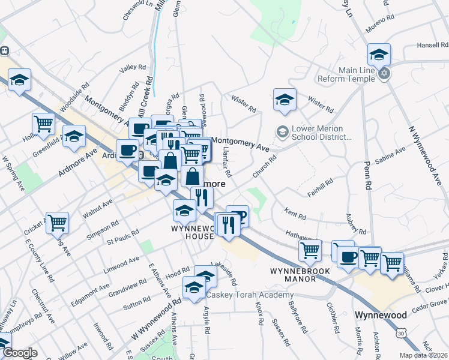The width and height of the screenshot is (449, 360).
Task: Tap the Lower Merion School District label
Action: pyautogui.click(x=318, y=133)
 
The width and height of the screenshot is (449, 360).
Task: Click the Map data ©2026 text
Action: pyautogui.click(x=424, y=355)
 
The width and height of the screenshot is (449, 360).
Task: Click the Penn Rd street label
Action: pyautogui.click(x=369, y=170)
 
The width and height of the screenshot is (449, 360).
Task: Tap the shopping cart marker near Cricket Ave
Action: pyautogui.click(x=58, y=223)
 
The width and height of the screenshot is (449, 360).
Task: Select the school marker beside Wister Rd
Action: pyautogui.click(x=285, y=99)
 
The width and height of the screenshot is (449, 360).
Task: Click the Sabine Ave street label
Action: pyautogui.click(x=387, y=161)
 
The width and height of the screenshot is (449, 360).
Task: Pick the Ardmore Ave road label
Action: pyautogui.click(x=78, y=163)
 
